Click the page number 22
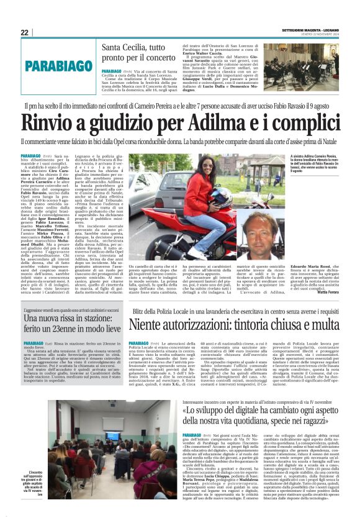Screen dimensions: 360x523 tap(25, 32)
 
